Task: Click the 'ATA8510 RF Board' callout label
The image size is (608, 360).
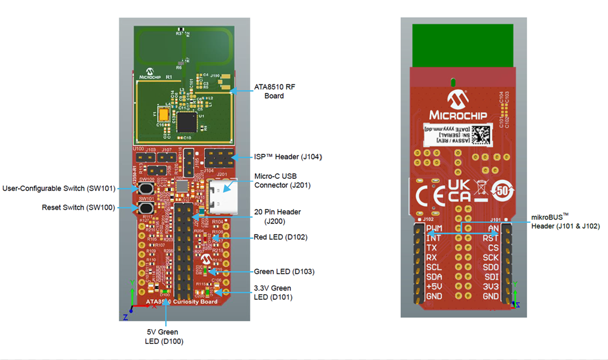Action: click(274, 91)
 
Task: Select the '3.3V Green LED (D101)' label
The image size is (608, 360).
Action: click(272, 292)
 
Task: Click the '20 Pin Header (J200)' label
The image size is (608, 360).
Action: click(278, 216)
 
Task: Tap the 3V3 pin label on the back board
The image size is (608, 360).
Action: click(490, 287)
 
